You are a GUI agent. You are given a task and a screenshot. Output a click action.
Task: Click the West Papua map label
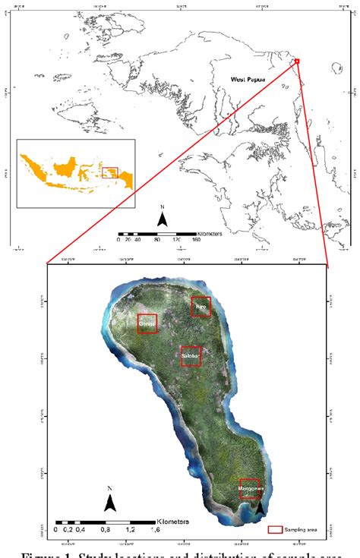[250, 79]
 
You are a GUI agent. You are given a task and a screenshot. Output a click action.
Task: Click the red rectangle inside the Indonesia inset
[110, 172]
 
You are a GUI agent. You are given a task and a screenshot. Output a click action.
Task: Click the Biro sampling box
[201, 307]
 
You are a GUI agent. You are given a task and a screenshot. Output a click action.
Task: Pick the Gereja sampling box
[147, 324]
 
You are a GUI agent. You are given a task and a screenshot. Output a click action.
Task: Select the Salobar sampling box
[191, 356]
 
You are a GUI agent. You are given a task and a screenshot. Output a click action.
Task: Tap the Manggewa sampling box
[249, 488]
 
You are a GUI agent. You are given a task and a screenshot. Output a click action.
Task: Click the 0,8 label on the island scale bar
[106, 530]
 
